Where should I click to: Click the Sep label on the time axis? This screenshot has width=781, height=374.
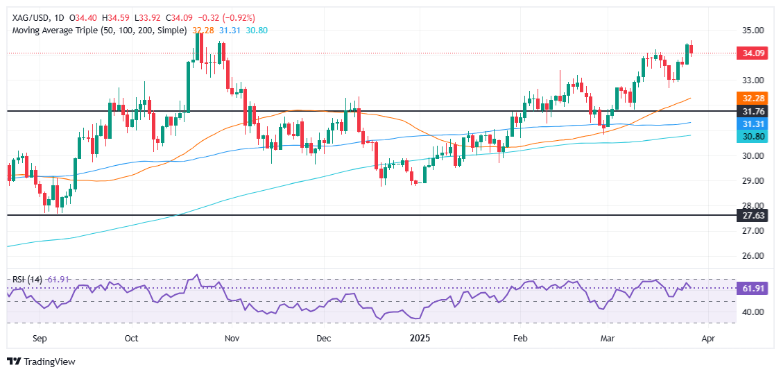tap(40, 338)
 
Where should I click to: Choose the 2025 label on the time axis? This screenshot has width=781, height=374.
tap(420, 338)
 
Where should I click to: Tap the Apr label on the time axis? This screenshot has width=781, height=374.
tap(707, 338)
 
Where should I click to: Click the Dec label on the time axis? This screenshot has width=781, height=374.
tap(323, 338)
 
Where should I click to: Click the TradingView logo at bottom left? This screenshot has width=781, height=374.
tap(42, 362)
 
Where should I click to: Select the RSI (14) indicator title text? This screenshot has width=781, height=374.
tap(28, 279)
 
